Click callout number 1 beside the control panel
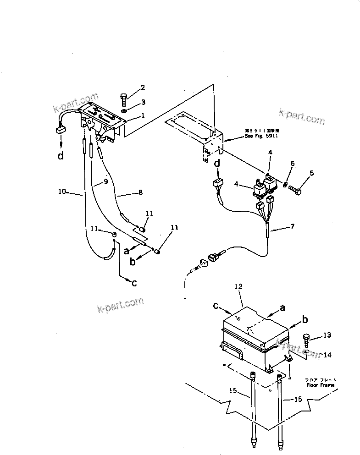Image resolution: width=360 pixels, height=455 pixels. [143, 116]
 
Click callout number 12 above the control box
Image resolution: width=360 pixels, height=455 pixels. [238, 286]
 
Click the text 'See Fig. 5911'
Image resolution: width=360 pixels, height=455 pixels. [261, 136]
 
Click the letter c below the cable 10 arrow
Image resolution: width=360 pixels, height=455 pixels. [134, 283]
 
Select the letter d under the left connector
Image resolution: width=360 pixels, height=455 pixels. [61, 157]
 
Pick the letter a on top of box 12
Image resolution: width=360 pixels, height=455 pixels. [283, 308]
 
